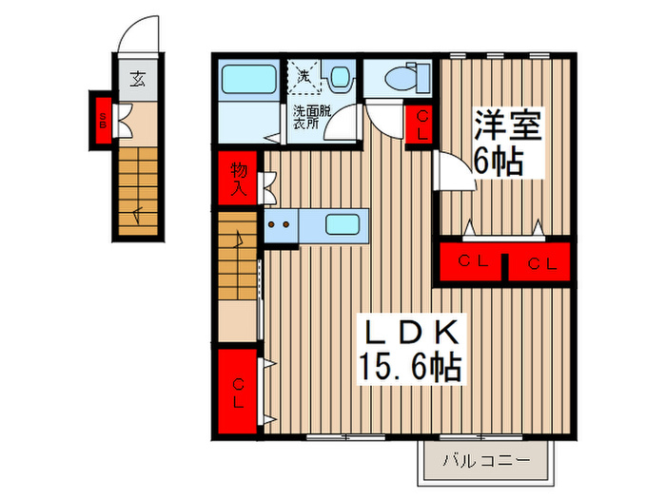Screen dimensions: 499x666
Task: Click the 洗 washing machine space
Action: [304, 75]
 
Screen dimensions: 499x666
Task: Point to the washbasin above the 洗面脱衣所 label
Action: [338, 77]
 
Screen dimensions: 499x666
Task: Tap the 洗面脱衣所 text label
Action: [311, 117]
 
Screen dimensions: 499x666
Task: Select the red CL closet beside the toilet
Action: [421, 124]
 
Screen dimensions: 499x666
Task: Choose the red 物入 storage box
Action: [237, 178]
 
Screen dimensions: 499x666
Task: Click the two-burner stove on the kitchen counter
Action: [280, 226]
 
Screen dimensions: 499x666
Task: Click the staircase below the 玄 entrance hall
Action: [141, 190]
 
